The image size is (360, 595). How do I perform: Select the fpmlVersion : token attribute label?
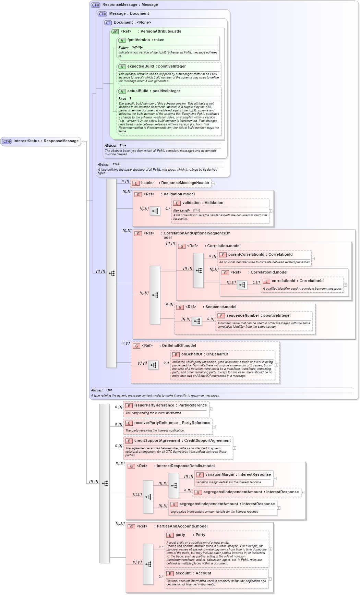tap(145, 40)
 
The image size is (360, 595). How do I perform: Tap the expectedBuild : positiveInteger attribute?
tap(156, 66)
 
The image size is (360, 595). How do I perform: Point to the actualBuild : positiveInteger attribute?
tap(153, 91)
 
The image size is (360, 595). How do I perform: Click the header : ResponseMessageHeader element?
tap(175, 183)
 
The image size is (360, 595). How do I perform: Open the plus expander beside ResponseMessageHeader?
tap(213, 183)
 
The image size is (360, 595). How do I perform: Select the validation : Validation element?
tap(202, 203)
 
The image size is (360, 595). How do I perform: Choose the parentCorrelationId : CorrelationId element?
tap(260, 255)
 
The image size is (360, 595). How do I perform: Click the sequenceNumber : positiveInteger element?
tap(258, 316)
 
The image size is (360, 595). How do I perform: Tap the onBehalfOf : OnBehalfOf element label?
tap(204, 354)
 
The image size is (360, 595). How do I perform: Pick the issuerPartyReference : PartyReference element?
tap(170, 405)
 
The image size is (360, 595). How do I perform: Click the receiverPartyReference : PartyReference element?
tap(172, 423)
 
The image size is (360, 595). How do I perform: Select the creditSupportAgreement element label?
tap(182, 441)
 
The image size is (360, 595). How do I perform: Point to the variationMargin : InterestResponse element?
tap(238, 475)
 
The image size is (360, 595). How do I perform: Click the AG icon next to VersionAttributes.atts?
tap(115, 32)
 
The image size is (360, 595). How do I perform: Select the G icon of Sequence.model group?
tap(180, 307)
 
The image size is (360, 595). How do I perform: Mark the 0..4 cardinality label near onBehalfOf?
tap(166, 363)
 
